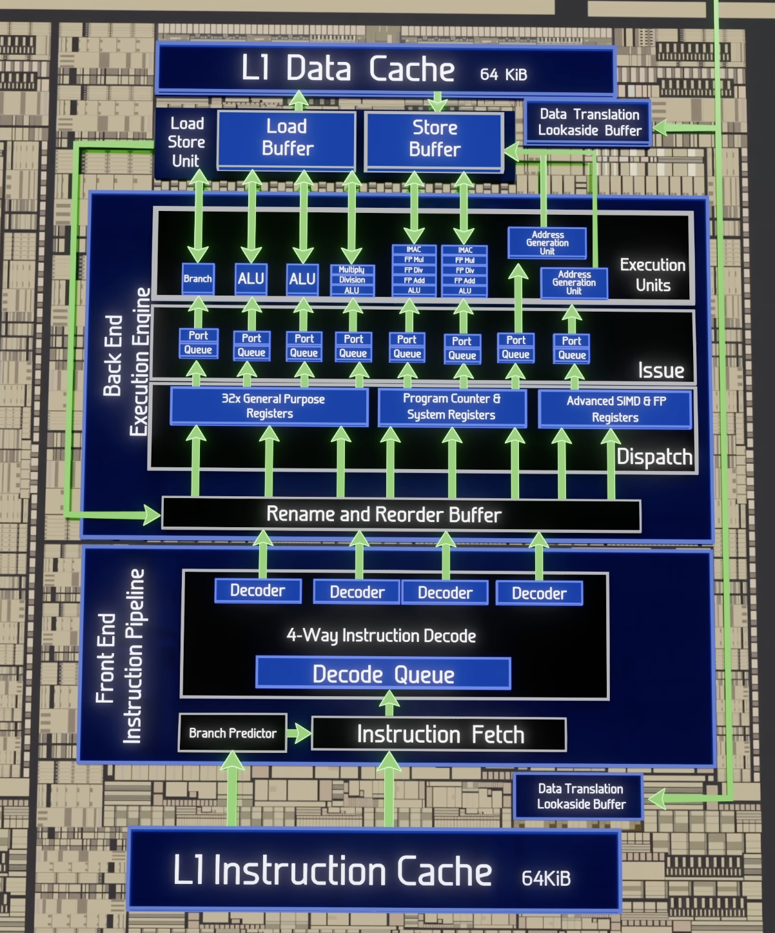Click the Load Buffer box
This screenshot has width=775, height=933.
(287, 139)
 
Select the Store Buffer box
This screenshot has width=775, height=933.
(435, 141)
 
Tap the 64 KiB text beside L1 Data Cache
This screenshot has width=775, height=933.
(504, 74)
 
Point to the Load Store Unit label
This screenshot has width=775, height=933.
(186, 142)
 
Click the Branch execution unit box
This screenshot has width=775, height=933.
(198, 278)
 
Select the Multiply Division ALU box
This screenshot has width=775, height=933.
(352, 280)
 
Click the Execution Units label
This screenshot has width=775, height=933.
(652, 275)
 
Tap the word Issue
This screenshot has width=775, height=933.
(661, 370)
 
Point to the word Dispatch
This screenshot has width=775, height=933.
(654, 457)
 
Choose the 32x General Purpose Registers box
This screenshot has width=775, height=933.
(270, 406)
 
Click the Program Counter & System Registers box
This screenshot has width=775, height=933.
(452, 407)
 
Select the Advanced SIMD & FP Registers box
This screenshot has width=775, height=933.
(616, 409)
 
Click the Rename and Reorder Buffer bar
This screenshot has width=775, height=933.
(401, 514)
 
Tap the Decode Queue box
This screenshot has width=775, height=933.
(383, 674)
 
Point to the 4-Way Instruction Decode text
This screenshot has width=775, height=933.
(381, 636)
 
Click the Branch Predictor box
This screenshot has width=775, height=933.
(233, 733)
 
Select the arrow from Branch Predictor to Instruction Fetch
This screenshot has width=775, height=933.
(299, 733)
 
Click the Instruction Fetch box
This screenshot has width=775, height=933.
(439, 735)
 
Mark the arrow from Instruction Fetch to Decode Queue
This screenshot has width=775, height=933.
(389, 703)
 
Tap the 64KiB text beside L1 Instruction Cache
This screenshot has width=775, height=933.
(546, 879)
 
